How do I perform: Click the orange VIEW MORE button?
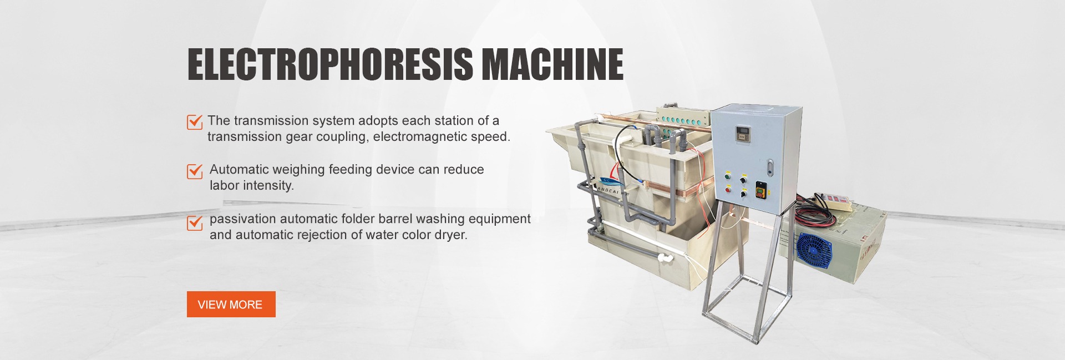click(231, 304)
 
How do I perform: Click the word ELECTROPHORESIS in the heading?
click(331, 64)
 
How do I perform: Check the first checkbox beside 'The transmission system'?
click(195, 121)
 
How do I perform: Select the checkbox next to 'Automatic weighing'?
click(195, 171)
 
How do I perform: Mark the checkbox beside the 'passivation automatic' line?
click(195, 222)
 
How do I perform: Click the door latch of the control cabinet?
click(769, 166)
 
